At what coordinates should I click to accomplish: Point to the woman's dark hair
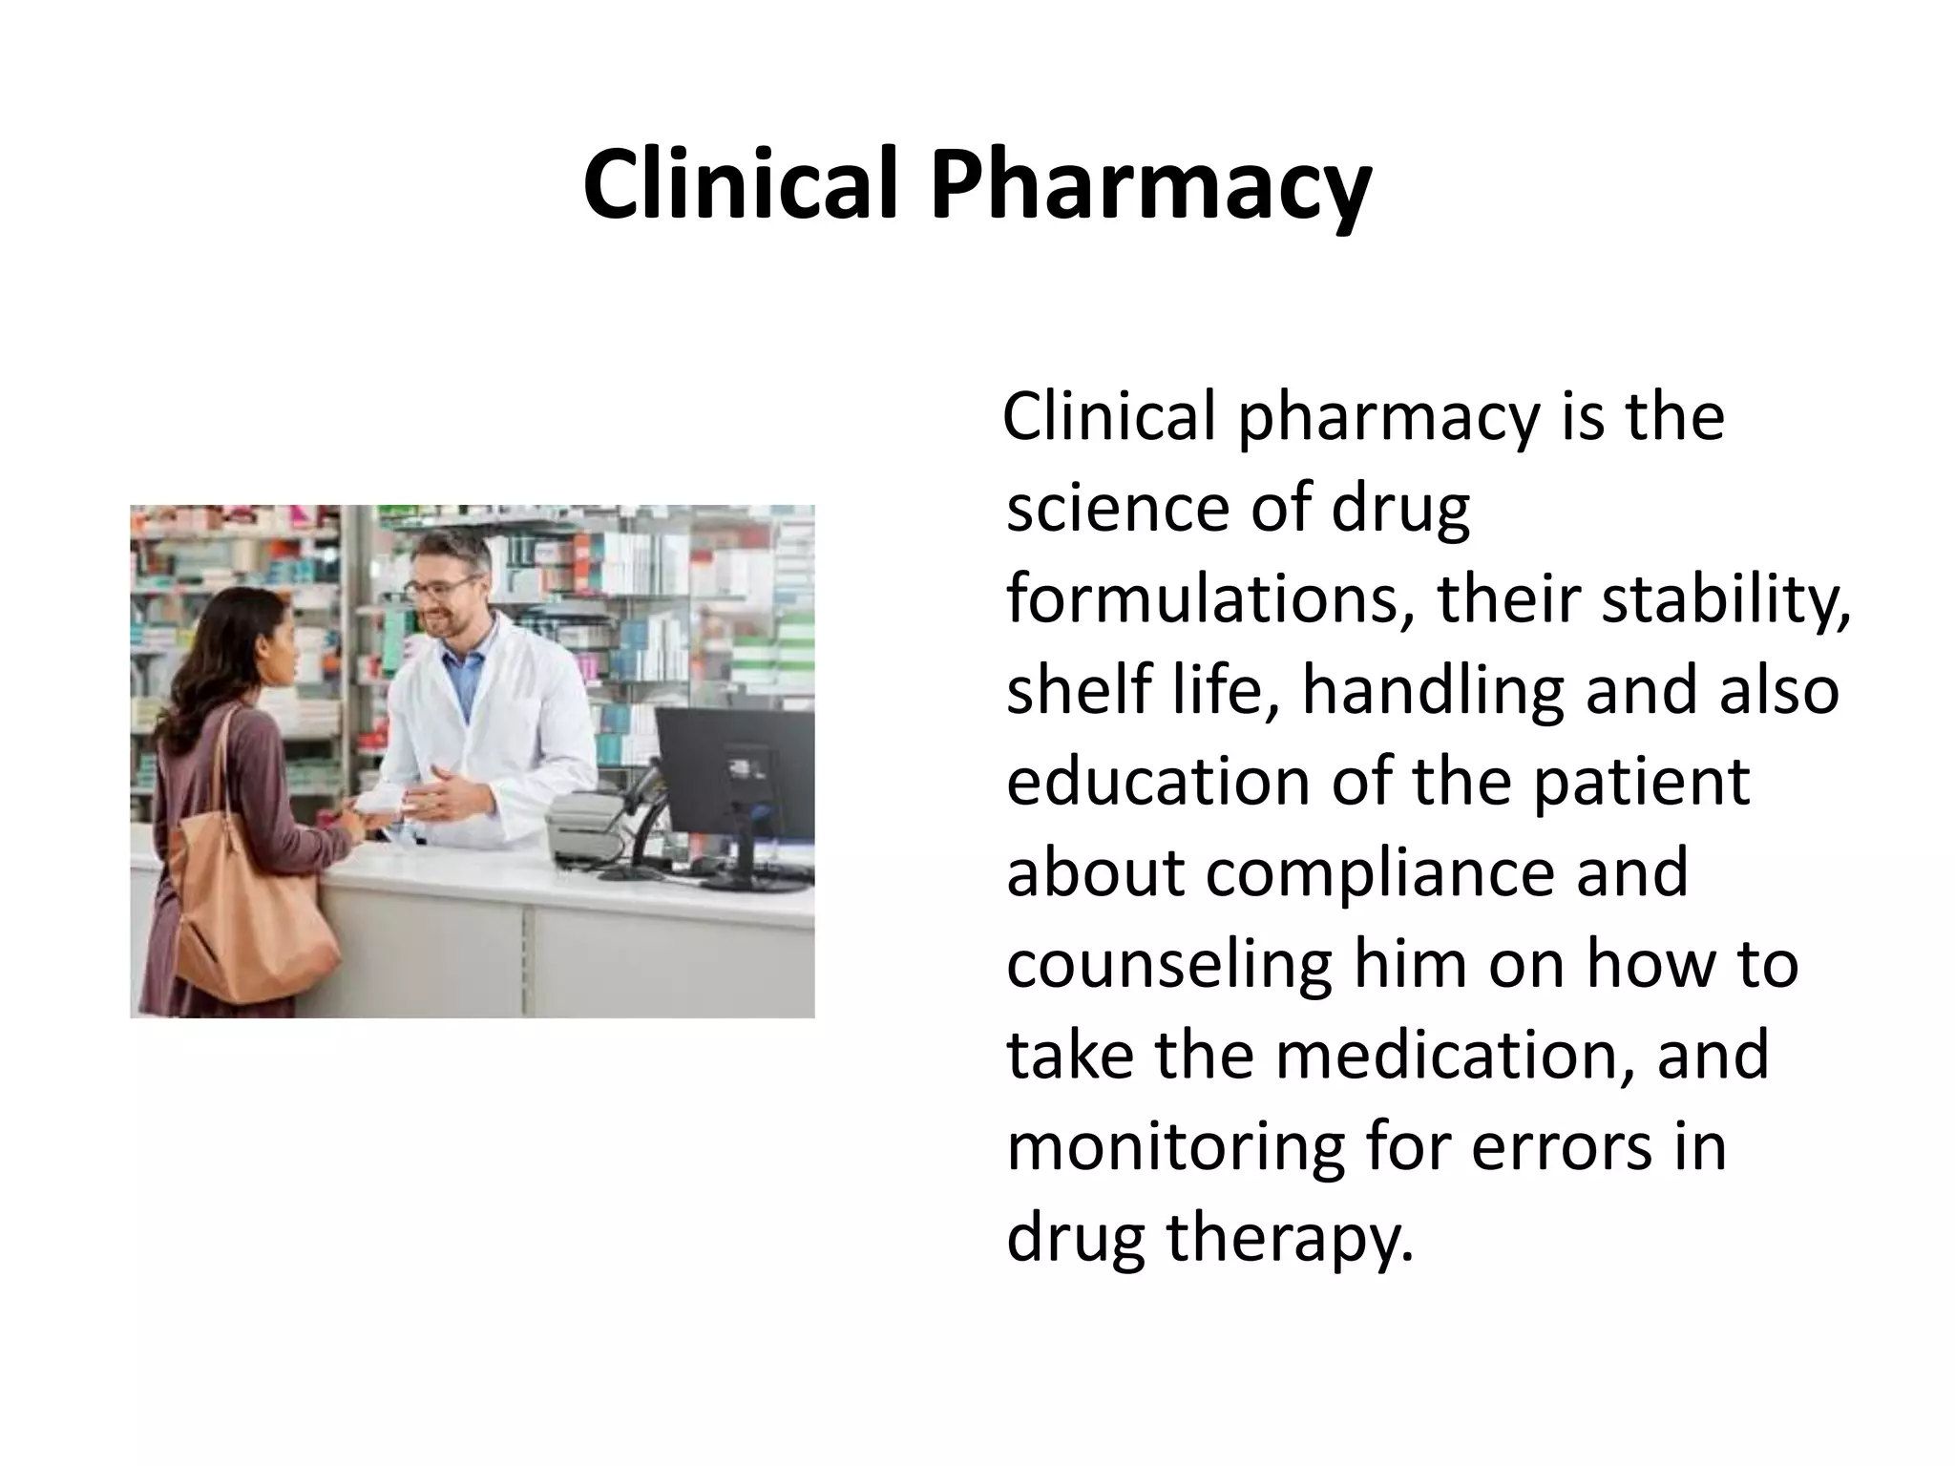pos(215,659)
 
